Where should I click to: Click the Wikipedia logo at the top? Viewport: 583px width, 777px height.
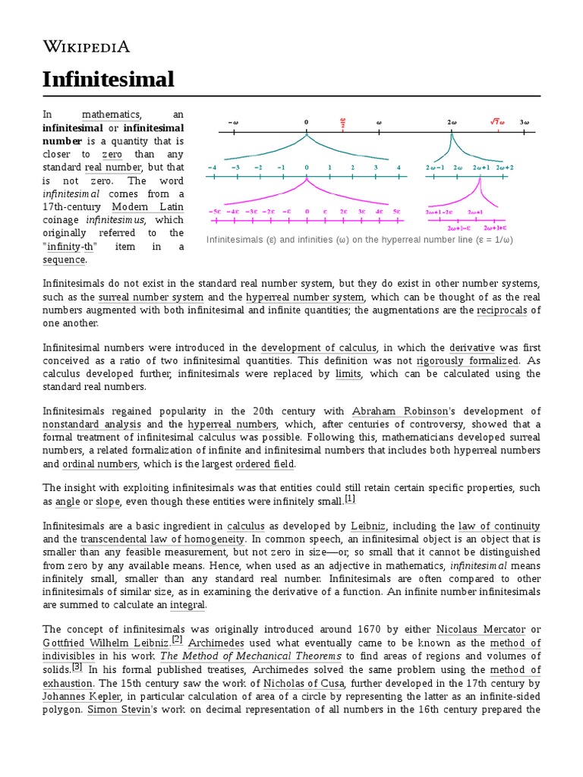(86, 47)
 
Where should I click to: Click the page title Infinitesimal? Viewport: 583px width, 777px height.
(108, 79)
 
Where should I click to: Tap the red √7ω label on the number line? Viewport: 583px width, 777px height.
(497, 121)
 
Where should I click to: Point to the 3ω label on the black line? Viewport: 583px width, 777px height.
(525, 121)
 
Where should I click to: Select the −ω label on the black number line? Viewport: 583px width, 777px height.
(233, 121)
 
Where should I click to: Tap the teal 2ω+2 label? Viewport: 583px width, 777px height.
(504, 167)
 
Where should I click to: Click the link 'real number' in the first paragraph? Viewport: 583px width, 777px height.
(113, 167)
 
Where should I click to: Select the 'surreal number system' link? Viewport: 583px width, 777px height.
(151, 297)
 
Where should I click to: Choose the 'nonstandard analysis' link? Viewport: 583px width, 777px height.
(92, 424)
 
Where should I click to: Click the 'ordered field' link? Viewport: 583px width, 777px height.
(265, 464)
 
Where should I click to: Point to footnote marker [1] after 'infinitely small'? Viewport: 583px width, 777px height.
(350, 499)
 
